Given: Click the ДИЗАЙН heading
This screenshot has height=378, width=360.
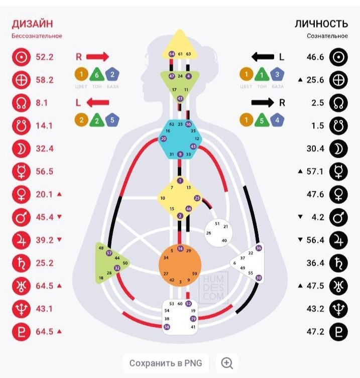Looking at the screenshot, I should coord(32,24).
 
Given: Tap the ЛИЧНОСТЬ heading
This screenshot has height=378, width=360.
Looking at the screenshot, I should coord(320,24).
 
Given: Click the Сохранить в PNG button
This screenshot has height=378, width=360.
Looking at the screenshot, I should coord(166,363).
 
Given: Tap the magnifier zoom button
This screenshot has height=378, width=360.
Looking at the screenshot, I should coord(227,363).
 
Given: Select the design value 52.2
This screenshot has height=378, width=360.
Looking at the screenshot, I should coord(45,57).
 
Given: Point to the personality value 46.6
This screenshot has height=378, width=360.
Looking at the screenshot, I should coord(315,57).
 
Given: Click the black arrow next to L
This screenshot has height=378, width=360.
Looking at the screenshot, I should coord(263,57).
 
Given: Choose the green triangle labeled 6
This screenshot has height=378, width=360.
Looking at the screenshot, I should coord(97,75).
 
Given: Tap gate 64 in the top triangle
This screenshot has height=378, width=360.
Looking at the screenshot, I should coord(172,54).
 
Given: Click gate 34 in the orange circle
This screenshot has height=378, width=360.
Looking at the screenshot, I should coord(166,258).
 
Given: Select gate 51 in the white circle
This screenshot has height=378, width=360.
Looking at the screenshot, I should coord(217,223).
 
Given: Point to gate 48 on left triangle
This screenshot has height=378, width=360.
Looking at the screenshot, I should coord(101,248).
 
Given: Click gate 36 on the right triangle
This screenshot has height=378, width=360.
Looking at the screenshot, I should coord(259,248).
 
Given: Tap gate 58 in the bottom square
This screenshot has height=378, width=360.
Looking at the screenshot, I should coord(167,327).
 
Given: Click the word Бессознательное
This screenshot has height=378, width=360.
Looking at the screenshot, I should coord(37,36).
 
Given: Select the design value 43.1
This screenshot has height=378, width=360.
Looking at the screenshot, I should coord(45,310).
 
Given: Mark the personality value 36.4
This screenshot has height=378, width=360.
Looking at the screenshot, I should coord(315,263).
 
